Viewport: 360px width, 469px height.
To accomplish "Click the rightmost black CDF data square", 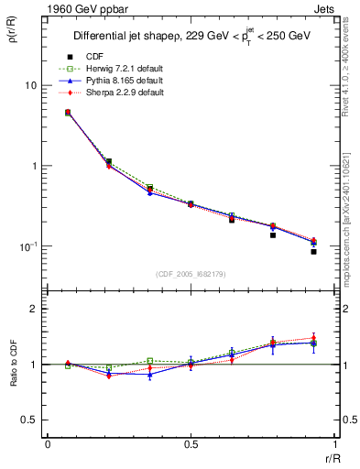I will (313, 251).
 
